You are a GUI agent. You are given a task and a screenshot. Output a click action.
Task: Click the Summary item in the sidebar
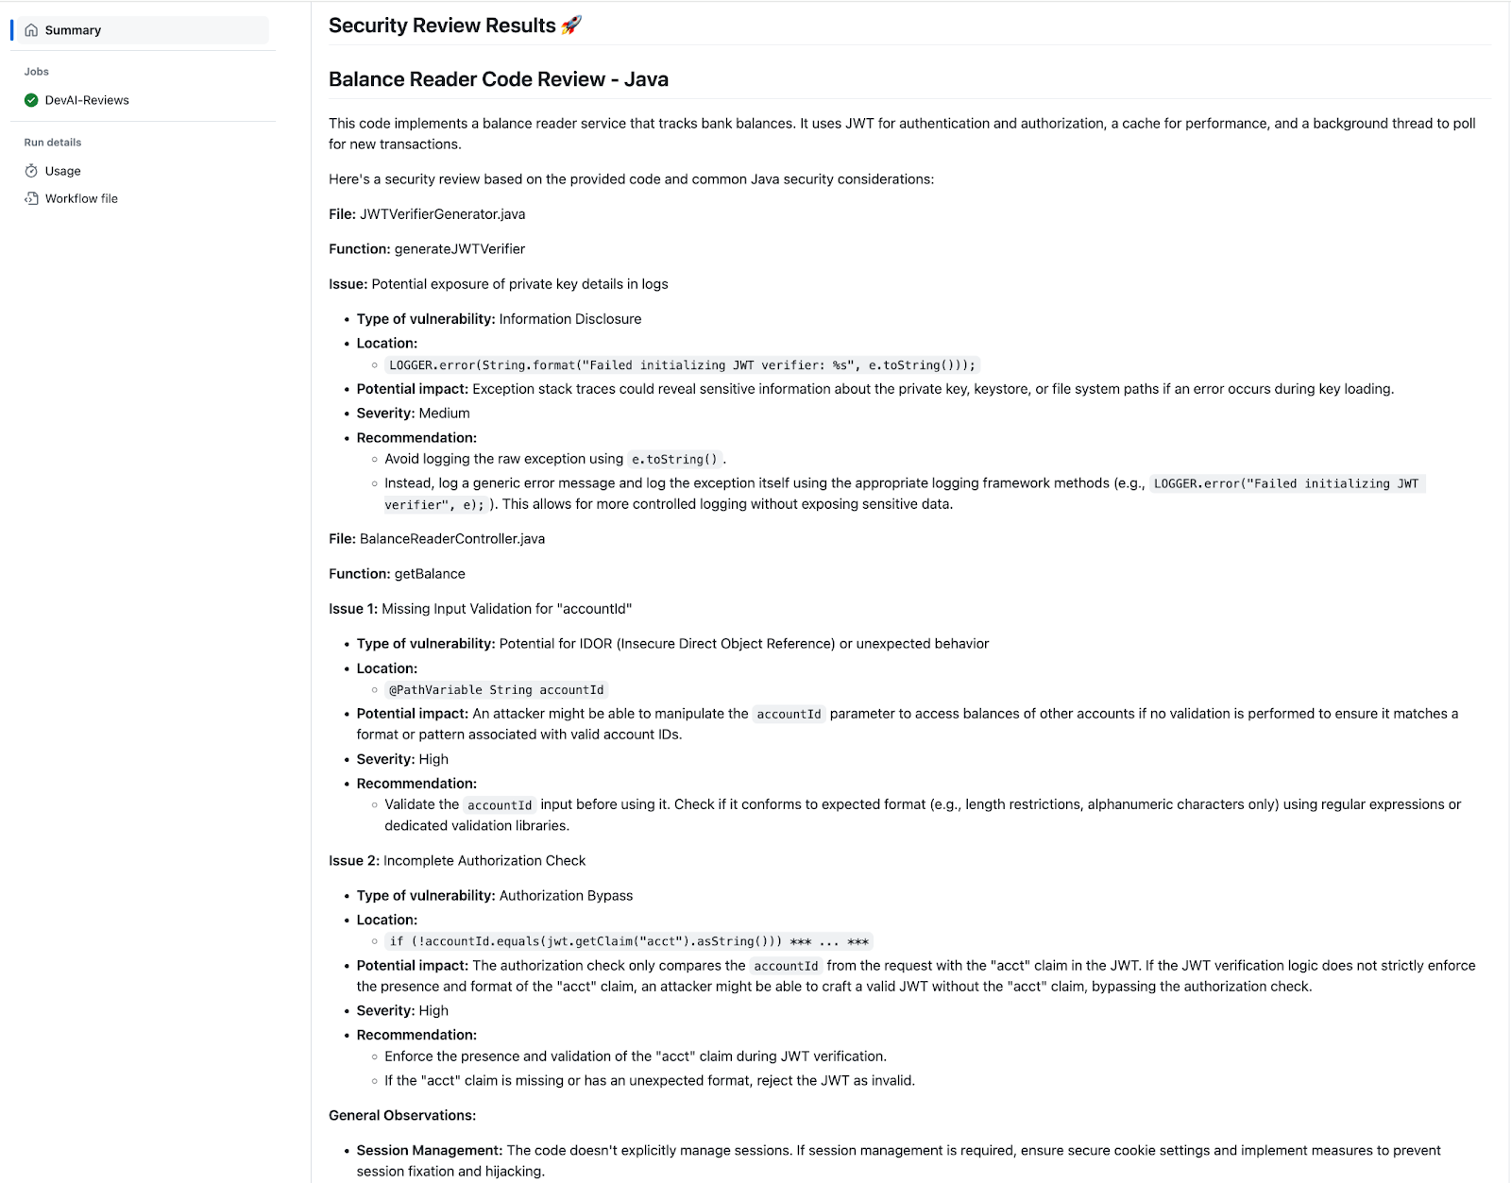73,30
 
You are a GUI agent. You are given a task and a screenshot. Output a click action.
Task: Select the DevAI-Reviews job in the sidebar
87,100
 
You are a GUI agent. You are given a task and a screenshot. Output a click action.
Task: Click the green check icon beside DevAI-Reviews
31,100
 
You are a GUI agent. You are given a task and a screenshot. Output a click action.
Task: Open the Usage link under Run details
62,171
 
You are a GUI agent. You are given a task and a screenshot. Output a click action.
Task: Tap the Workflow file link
81,198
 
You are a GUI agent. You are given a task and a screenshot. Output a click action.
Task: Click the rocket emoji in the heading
571,25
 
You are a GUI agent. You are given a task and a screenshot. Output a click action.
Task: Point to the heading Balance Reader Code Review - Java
498,79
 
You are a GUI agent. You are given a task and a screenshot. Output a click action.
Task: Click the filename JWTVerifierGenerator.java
442,214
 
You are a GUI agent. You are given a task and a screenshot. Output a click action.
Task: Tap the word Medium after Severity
444,414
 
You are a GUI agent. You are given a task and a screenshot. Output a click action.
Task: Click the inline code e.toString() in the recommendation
674,460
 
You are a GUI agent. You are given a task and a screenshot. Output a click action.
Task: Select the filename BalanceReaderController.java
451,539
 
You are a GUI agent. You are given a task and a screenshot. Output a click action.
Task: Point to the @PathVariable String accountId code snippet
496,690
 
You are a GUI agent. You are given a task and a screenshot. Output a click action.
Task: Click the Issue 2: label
353,861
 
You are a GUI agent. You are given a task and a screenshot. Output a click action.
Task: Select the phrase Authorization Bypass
566,896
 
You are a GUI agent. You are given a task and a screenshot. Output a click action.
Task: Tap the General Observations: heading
402,1116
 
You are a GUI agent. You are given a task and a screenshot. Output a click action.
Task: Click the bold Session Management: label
429,1151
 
